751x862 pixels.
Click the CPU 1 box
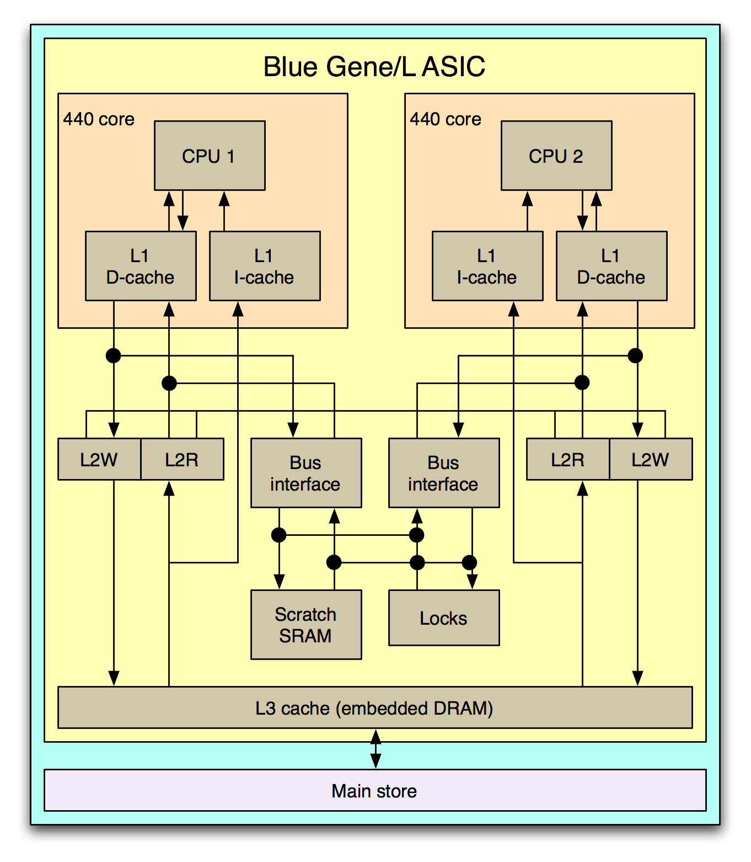[x=210, y=156]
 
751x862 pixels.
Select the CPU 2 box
[x=556, y=156]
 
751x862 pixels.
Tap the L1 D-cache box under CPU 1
[x=141, y=266]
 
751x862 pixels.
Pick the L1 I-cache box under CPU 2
[x=487, y=266]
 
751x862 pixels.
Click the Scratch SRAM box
[x=306, y=625]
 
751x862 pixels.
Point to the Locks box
[x=444, y=618]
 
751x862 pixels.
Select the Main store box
[x=375, y=790]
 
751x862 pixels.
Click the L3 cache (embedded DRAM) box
[x=375, y=707]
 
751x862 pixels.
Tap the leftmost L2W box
[x=99, y=459]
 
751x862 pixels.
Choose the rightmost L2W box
[x=651, y=459]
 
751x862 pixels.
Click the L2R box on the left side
[x=182, y=459]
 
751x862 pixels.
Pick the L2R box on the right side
[x=568, y=459]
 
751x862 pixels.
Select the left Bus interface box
[x=306, y=473]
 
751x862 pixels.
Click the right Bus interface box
[x=444, y=473]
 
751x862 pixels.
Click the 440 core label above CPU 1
[x=99, y=119]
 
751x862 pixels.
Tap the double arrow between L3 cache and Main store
[x=375, y=749]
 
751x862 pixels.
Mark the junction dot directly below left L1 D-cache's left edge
[x=113, y=355]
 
